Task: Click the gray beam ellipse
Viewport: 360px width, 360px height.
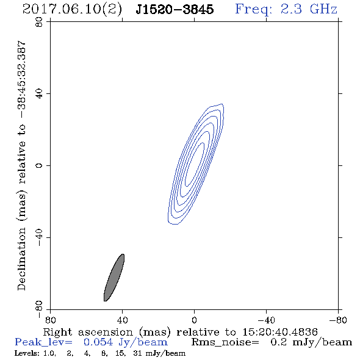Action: pos(114,278)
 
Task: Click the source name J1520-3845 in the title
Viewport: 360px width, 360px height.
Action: pos(175,9)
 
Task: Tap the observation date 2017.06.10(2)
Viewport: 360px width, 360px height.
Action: pos(72,9)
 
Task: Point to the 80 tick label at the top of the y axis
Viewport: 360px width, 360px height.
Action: pos(39,22)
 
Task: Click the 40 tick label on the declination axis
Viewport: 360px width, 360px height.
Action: pos(39,94)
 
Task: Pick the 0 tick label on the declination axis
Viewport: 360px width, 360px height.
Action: pos(39,165)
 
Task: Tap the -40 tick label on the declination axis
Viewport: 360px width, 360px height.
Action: pos(39,237)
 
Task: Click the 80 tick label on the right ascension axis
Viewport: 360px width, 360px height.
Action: pos(50,320)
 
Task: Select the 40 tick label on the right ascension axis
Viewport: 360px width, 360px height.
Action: pos(122,320)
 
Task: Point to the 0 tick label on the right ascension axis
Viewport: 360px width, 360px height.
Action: pos(194,320)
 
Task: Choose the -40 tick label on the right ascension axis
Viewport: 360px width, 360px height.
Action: pos(266,320)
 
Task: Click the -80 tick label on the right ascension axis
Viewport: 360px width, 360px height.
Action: pos(338,320)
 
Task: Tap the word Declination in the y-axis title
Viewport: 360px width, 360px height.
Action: pos(21,259)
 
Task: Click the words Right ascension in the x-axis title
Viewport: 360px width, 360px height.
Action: pos(88,332)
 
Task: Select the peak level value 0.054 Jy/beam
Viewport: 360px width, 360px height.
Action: pos(125,342)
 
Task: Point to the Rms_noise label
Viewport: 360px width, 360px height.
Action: pos(225,342)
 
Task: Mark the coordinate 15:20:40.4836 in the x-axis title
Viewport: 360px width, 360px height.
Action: pos(280,332)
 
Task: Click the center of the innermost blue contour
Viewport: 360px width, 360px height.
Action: pos(195,164)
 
